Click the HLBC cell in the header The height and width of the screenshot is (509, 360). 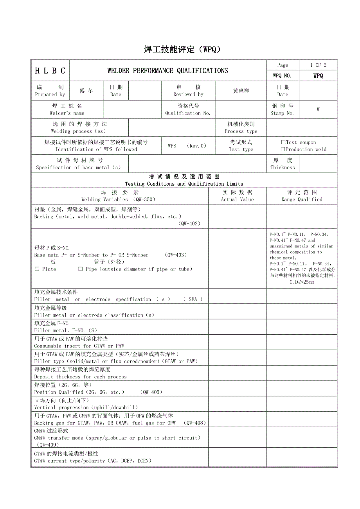50,71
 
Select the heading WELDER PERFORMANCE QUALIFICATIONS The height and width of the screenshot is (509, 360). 167,71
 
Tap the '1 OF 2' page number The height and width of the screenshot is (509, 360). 318,65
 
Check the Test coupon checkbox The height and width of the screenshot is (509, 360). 283,143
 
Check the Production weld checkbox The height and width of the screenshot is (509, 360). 283,149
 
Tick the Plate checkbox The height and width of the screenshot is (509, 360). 37,269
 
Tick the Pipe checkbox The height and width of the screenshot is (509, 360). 81,269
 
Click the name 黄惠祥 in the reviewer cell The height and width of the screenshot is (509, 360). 241,91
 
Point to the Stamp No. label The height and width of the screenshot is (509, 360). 283,113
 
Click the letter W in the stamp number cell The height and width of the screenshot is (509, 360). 318,109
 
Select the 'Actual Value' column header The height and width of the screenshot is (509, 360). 237,199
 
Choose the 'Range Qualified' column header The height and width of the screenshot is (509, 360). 302,199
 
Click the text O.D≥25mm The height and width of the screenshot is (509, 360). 302,282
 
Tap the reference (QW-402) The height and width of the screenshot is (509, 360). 190,224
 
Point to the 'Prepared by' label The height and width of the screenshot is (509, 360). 50,95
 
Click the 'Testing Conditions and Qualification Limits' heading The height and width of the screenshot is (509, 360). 184,184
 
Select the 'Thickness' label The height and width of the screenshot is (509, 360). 283,168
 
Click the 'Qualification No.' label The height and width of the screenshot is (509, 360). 188,113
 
